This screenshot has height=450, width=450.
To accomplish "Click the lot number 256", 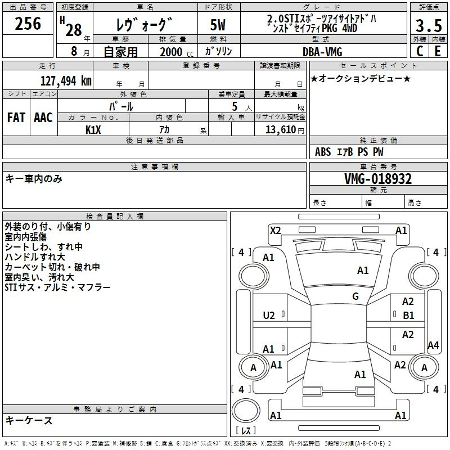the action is coord(28,24).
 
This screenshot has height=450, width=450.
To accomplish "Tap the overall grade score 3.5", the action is coord(429,26).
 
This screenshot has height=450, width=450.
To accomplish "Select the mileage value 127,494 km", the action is coord(66,81).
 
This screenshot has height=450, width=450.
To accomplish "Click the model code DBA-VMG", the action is coord(322,52).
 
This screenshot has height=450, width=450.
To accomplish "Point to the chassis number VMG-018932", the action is coord(378,179).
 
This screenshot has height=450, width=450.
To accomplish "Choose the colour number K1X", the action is coord(93,130).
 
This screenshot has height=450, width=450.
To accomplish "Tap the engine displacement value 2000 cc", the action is coord(177,52).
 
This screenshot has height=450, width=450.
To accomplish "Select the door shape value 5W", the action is coord(218,25).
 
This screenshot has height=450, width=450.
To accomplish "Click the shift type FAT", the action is coord(16,118).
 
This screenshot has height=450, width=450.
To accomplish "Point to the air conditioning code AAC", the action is coord(43,118).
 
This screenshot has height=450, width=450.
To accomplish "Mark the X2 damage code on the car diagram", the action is coord(276,231).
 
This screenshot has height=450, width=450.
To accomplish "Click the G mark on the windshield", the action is coord(355,296).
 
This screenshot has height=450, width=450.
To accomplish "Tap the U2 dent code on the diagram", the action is coord(269,316).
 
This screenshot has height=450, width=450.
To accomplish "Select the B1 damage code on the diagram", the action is coord(408,316).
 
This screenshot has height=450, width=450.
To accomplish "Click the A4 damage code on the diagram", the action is coord(433,345).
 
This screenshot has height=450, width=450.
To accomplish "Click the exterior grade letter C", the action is coord(420,51).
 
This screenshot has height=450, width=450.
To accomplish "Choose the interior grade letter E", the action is coord(438,51).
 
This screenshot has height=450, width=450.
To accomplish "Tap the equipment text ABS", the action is coord(323,152).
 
